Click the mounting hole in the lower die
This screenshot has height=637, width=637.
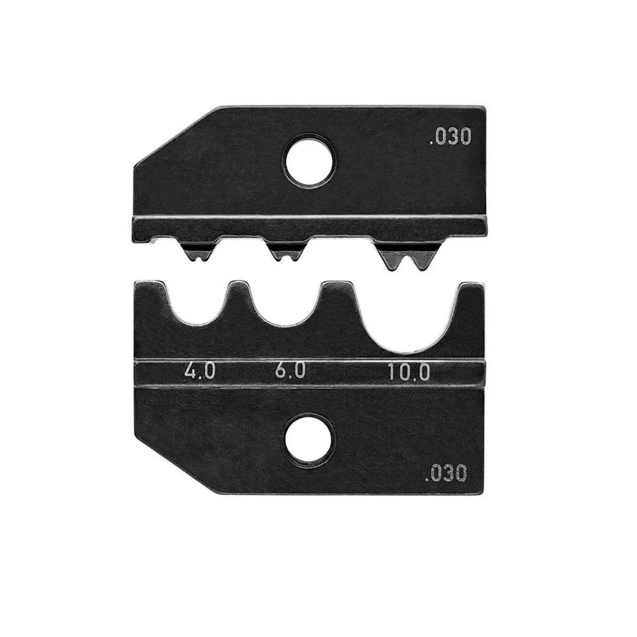[x=310, y=441]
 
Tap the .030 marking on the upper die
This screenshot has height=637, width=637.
[x=450, y=137]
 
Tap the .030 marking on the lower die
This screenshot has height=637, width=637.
[x=446, y=473]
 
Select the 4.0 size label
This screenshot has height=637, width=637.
[x=199, y=371]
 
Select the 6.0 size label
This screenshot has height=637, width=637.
[x=290, y=371]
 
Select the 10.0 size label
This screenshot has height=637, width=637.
[x=409, y=371]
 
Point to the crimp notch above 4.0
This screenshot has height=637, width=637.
[x=198, y=306]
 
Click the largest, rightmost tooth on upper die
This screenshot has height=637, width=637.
[x=407, y=256]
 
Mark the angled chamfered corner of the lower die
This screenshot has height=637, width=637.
[x=169, y=465]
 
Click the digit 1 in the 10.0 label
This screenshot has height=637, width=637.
[x=392, y=371]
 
